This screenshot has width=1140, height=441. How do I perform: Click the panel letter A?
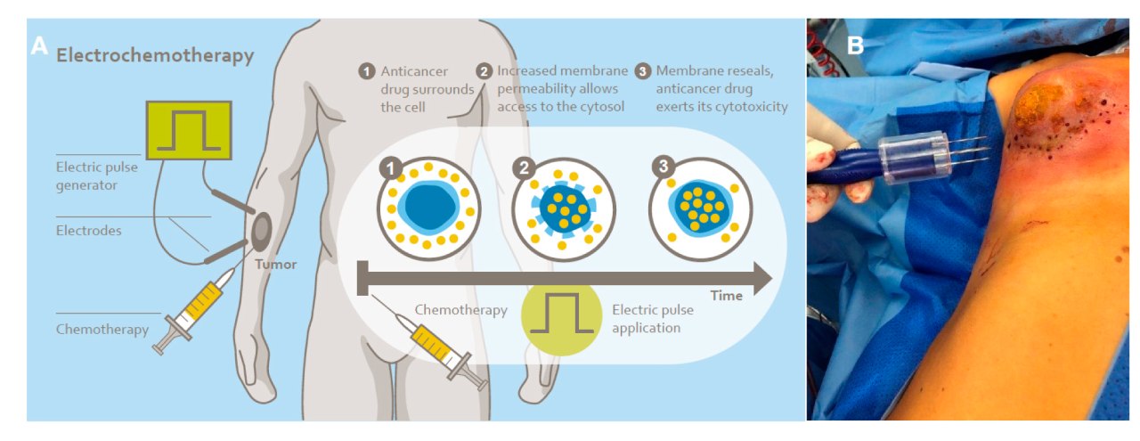click(x=38, y=45)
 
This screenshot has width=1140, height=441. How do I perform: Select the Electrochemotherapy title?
click(x=155, y=55)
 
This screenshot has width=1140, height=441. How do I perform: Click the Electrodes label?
click(x=90, y=231)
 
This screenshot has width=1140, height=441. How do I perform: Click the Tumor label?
click(x=275, y=264)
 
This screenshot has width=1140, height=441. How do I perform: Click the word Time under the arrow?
click(x=727, y=296)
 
